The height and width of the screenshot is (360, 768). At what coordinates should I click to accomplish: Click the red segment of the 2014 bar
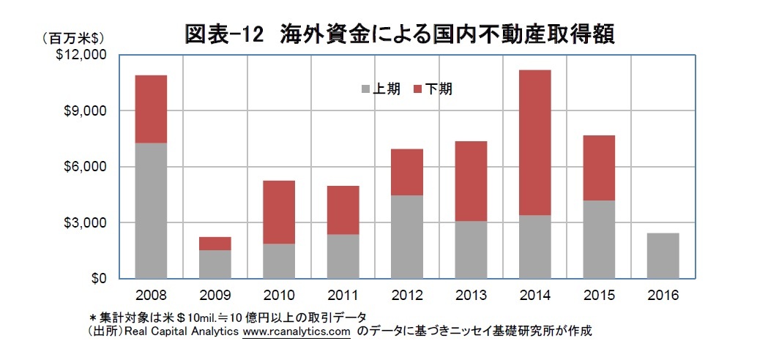point(534,143)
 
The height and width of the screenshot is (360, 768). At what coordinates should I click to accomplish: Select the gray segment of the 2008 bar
point(151,211)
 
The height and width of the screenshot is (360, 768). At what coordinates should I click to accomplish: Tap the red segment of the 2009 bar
point(215,244)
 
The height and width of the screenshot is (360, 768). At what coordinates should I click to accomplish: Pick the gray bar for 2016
point(663,255)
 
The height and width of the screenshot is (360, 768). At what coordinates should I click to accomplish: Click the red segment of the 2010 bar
point(279,212)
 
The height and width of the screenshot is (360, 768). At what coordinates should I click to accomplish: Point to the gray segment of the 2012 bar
point(406,236)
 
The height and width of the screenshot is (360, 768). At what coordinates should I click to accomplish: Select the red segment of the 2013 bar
point(471,181)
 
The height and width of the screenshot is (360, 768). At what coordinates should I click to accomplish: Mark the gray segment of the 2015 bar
point(599,239)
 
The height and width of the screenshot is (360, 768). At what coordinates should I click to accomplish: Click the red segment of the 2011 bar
point(343,210)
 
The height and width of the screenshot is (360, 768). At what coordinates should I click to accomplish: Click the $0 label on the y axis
point(97,279)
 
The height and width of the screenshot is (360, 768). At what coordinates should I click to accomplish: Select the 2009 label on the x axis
point(215,296)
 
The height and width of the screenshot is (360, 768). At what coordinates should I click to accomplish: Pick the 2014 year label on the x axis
point(534,296)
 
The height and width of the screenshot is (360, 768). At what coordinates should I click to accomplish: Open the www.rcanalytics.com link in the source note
point(297,331)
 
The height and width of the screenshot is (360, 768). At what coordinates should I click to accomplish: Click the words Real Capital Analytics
point(182,331)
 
